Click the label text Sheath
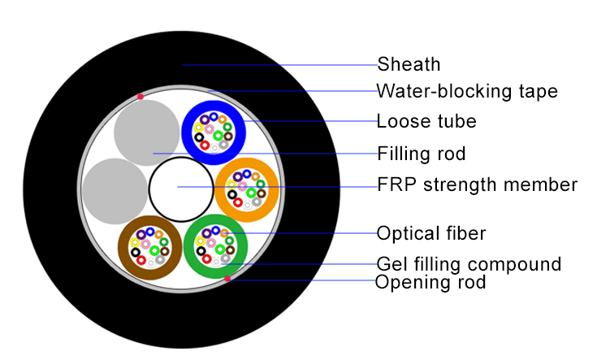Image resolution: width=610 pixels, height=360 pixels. (x=409, y=64)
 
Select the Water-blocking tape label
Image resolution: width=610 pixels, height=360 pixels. (x=467, y=91)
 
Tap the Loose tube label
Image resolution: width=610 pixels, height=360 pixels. (x=426, y=122)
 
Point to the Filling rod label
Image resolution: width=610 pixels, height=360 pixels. (x=421, y=153)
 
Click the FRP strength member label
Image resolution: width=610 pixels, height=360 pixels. (x=477, y=184)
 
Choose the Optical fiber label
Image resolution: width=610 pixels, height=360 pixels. (x=430, y=234)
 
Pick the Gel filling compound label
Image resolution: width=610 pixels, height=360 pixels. (x=469, y=264)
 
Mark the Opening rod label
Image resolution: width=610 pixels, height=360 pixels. (x=430, y=283)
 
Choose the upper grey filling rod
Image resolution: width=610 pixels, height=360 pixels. (x=146, y=132)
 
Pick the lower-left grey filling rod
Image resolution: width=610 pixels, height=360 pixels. (x=115, y=190)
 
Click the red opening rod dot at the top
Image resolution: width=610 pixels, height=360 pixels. (x=141, y=97)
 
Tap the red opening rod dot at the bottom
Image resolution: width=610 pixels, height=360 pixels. (x=227, y=280)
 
